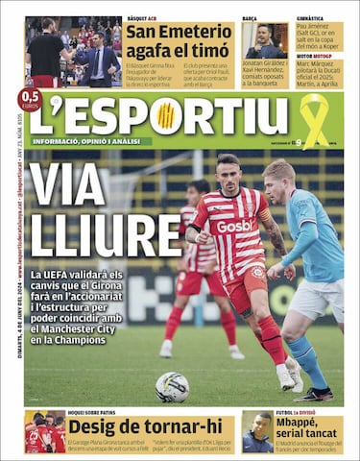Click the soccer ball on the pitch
click(172, 386)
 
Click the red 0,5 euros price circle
click(30, 100)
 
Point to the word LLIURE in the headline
click(92, 233)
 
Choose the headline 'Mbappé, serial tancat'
click(310, 426)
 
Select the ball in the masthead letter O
click(166, 115)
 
